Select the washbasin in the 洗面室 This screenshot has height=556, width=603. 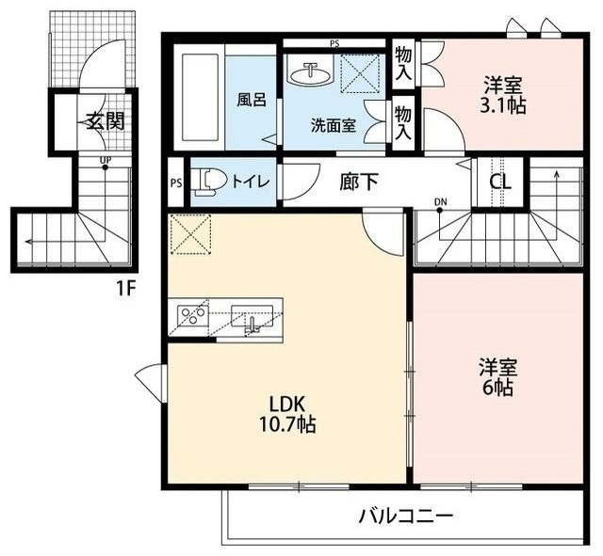(310, 73)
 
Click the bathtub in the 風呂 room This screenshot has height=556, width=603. (199, 98)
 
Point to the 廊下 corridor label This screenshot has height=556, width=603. (359, 182)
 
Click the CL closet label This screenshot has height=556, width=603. (500, 182)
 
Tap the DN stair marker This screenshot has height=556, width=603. (440, 201)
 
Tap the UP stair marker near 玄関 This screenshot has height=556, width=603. (105, 159)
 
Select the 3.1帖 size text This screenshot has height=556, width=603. (502, 105)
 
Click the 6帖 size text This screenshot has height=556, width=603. (497, 387)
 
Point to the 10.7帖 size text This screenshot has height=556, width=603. (288, 424)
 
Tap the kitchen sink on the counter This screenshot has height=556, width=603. (252, 316)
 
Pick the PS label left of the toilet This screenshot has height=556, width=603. (176, 183)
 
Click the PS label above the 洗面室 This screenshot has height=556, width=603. (334, 43)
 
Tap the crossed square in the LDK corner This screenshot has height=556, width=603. (190, 234)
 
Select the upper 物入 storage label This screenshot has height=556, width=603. (403, 64)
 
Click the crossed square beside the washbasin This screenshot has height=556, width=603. (362, 73)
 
